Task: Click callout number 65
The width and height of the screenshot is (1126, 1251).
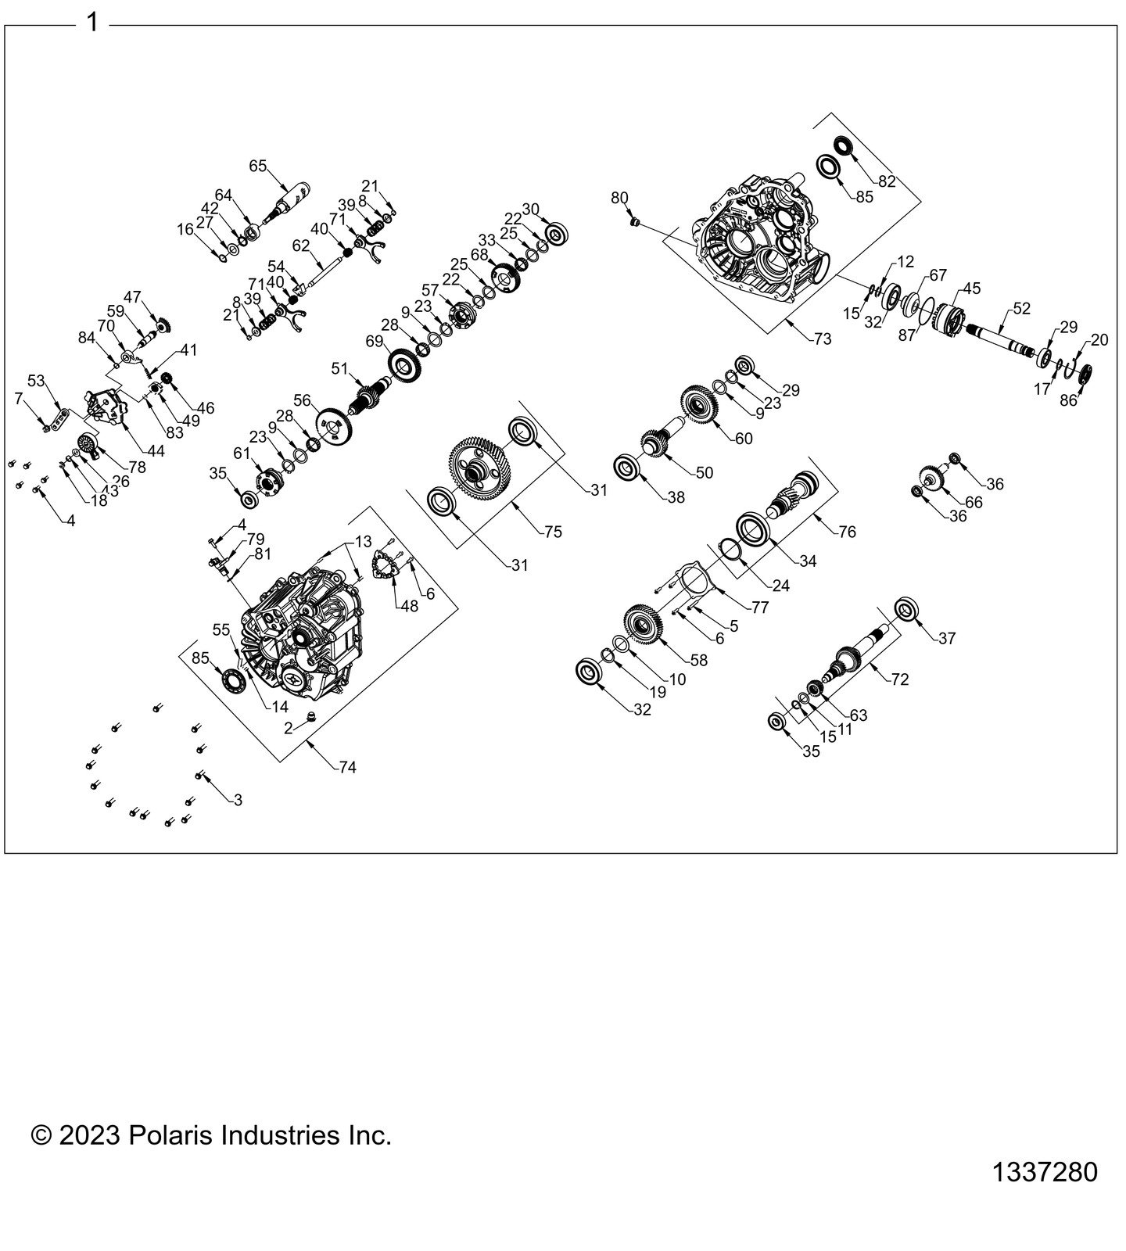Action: [258, 166]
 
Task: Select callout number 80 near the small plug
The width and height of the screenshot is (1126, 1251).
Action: [619, 198]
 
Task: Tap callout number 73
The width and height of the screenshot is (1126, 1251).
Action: [823, 339]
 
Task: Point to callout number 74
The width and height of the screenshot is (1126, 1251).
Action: [347, 768]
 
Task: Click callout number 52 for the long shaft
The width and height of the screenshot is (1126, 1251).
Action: [1022, 309]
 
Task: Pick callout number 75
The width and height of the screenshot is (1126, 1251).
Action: [554, 532]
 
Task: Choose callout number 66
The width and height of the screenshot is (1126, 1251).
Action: [974, 503]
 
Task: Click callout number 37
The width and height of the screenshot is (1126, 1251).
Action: [947, 639]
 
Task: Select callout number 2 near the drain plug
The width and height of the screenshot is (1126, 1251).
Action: [289, 728]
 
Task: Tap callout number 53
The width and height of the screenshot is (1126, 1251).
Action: [36, 381]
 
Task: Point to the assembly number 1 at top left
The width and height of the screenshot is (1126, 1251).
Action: [92, 23]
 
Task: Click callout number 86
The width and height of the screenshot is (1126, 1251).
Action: [1068, 401]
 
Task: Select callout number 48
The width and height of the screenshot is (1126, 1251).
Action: [409, 605]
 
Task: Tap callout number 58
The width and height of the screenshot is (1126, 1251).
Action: [698, 661]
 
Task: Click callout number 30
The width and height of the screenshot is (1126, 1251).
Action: [531, 210]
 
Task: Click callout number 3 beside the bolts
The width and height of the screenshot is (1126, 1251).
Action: [238, 800]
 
